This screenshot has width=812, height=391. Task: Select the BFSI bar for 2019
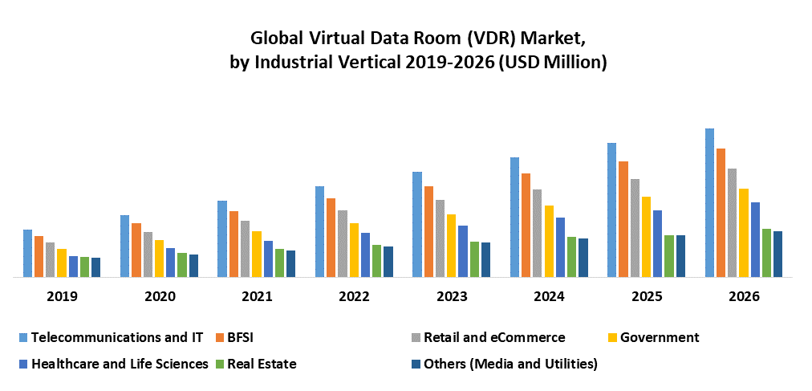tap(39, 256)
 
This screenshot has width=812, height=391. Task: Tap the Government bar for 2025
tap(646, 237)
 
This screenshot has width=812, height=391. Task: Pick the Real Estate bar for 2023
tap(474, 259)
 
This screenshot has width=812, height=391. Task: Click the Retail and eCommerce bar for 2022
tap(343, 243)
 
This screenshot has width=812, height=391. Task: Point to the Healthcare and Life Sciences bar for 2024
tap(560, 247)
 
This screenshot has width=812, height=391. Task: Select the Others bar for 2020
tap(193, 266)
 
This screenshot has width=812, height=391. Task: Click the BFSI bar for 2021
tap(233, 244)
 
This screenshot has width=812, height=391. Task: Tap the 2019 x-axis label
tap(62, 296)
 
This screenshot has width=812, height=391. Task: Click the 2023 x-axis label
tap(452, 296)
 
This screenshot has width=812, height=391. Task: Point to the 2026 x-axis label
tap(744, 296)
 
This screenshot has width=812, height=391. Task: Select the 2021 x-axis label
tap(257, 296)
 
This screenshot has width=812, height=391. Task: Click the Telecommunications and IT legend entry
tap(116, 337)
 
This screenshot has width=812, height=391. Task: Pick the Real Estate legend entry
tap(262, 364)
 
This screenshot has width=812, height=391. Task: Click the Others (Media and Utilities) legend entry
tap(510, 364)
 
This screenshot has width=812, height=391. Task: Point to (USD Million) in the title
tap(553, 63)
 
